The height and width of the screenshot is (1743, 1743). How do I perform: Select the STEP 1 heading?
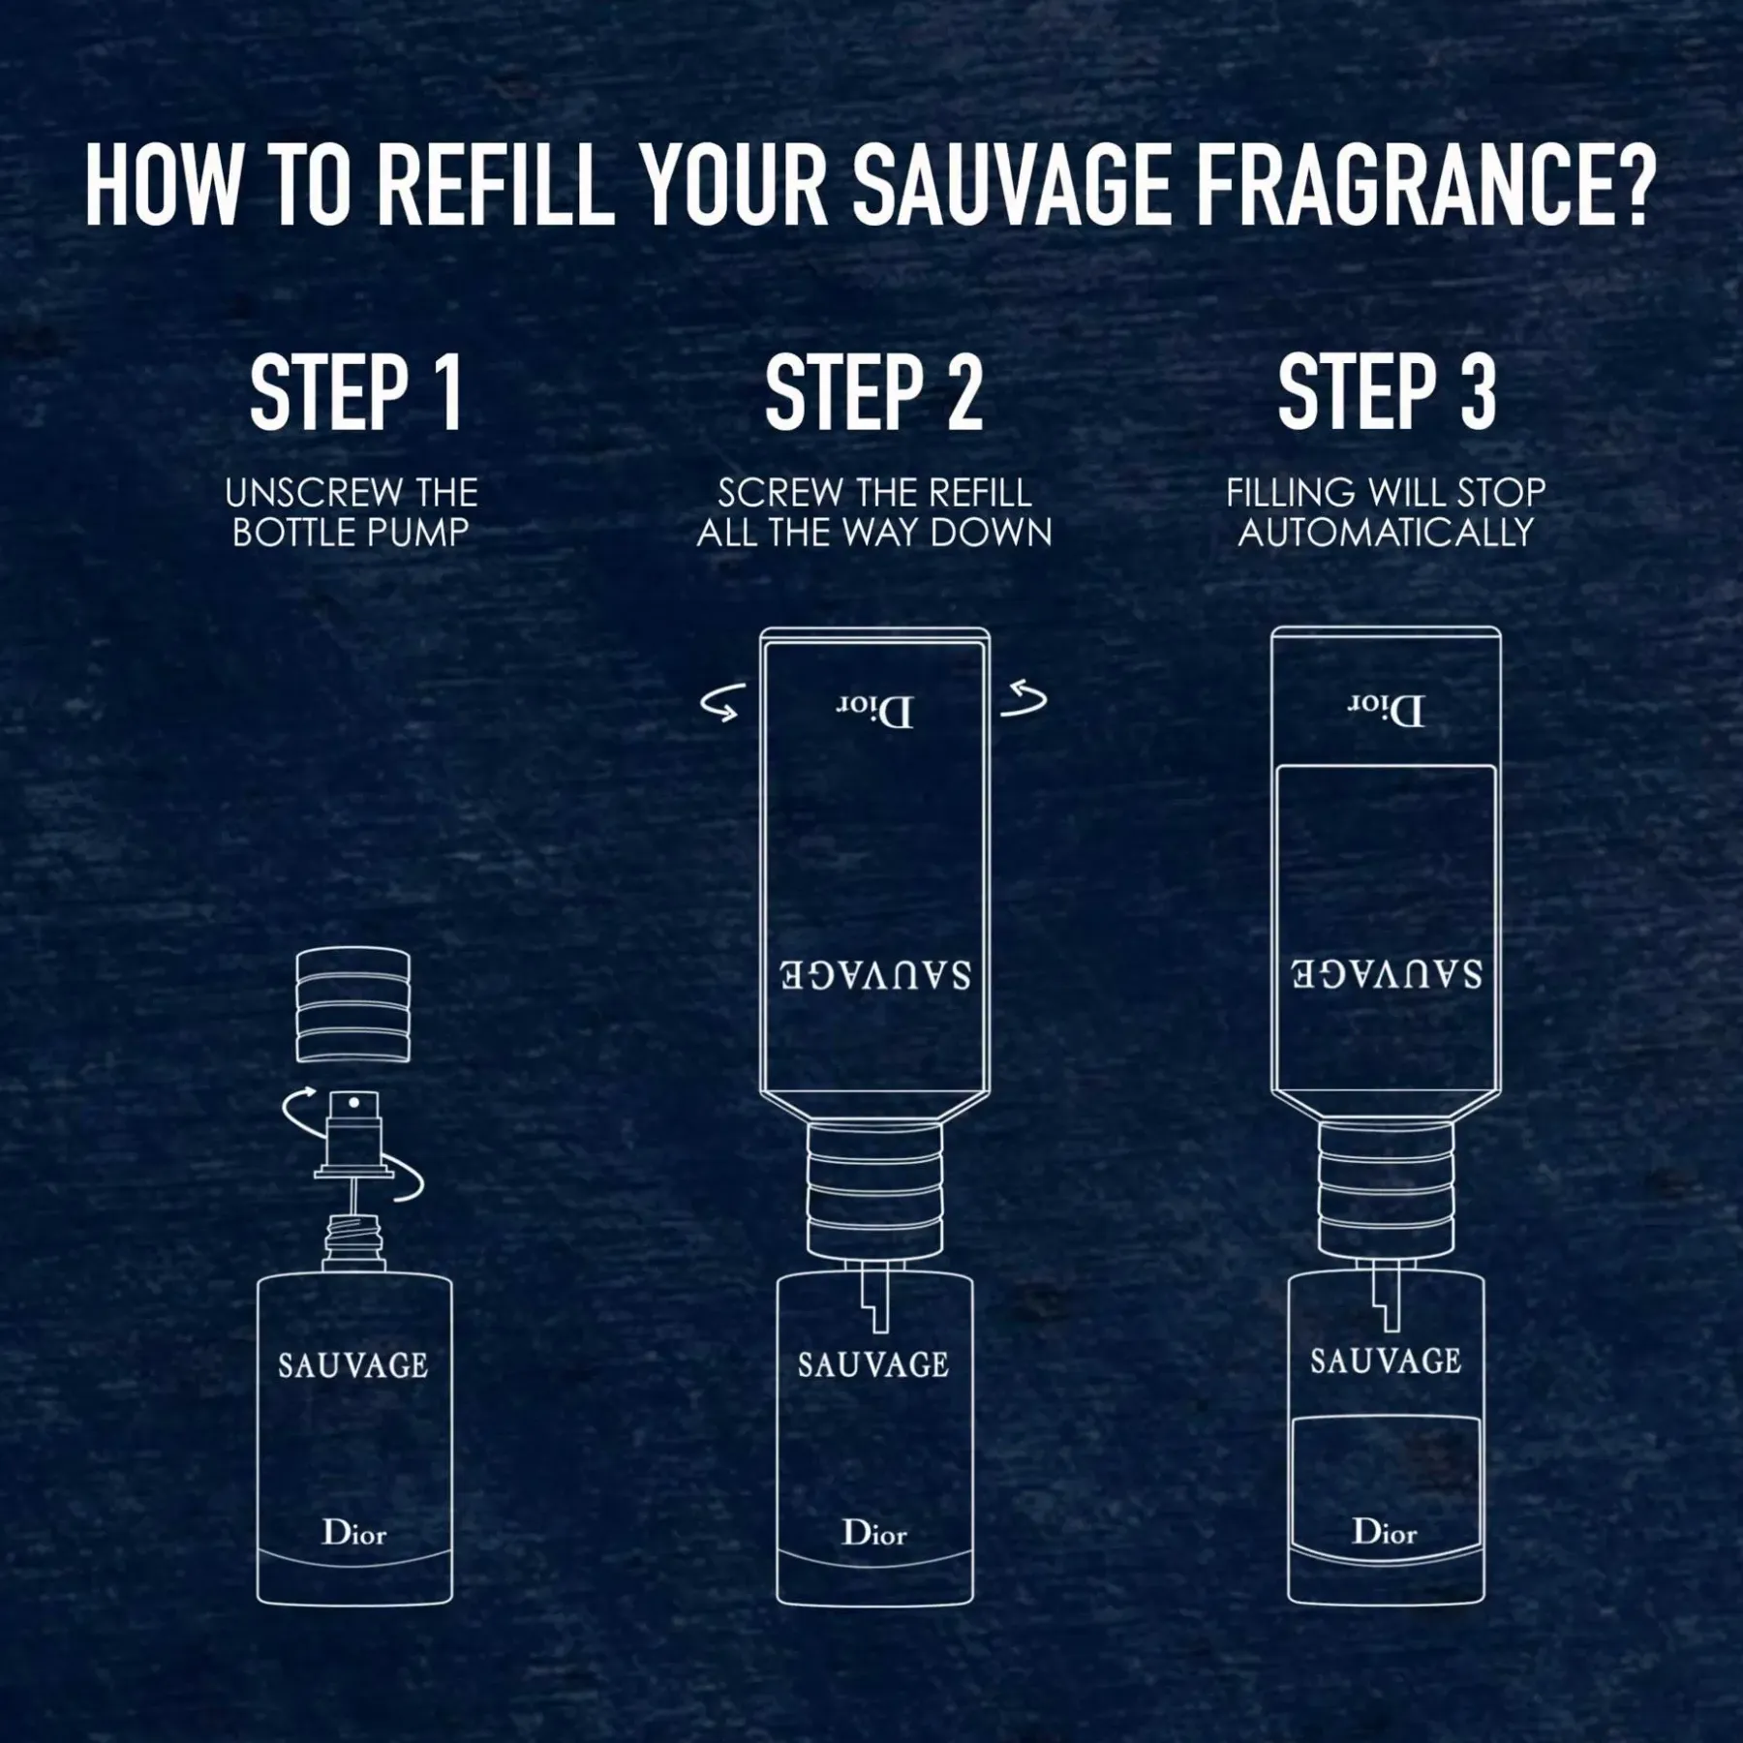pyautogui.click(x=355, y=392)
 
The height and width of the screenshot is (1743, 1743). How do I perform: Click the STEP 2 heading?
pyautogui.click(x=873, y=392)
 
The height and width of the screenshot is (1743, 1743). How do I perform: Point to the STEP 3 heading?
pyautogui.click(x=1387, y=392)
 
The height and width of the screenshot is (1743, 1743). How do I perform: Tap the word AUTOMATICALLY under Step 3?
pyautogui.click(x=1386, y=533)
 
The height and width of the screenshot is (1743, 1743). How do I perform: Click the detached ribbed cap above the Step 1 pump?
pyautogui.click(x=352, y=1005)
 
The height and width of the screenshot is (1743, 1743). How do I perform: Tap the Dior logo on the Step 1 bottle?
pyautogui.click(x=354, y=1533)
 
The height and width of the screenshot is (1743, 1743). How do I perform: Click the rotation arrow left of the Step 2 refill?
pyautogui.click(x=722, y=704)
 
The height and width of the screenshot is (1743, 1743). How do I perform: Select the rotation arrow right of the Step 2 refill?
pyautogui.click(x=1024, y=700)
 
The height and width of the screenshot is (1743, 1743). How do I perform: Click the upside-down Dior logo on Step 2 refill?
pyautogui.click(x=874, y=712)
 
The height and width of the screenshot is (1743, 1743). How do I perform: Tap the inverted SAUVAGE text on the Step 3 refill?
pyautogui.click(x=1386, y=973)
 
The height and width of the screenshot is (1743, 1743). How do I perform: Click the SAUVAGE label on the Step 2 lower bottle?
pyautogui.click(x=873, y=1365)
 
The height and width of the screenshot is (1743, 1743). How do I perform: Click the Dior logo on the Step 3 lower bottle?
pyautogui.click(x=1385, y=1532)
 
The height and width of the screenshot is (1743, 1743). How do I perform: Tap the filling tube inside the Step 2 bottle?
pyautogui.click(x=876, y=1298)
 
